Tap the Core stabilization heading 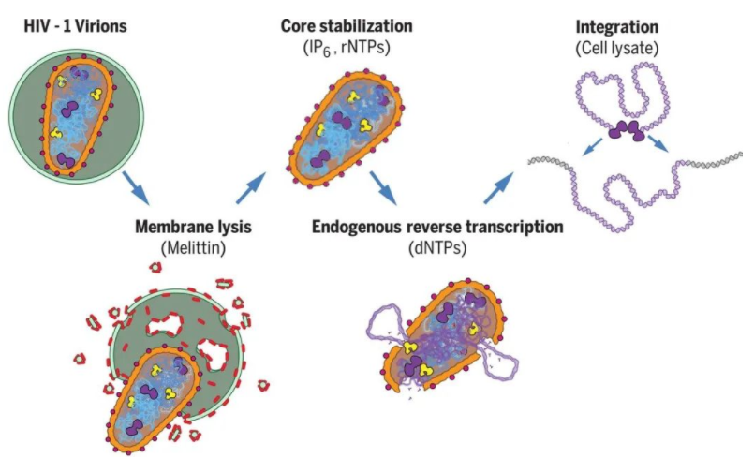(347, 22)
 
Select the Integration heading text (617, 22)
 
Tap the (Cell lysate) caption (617, 42)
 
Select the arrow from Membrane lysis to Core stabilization (249, 186)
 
